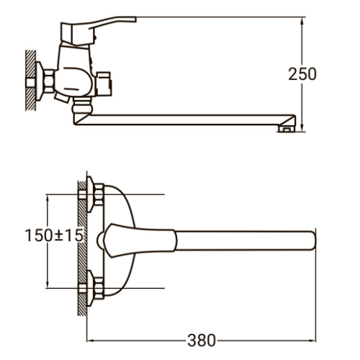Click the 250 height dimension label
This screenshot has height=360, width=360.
point(302,74)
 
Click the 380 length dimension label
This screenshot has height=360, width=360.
point(202,341)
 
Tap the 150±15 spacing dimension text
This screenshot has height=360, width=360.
point(54,235)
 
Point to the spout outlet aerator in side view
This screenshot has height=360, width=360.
point(287,129)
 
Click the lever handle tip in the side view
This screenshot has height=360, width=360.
point(135,19)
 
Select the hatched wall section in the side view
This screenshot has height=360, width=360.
point(31,81)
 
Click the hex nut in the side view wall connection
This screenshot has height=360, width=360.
point(50,81)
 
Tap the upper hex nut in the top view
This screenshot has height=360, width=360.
point(99,194)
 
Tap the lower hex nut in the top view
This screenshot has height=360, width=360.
point(99,288)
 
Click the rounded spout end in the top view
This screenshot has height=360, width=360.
point(313,240)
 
